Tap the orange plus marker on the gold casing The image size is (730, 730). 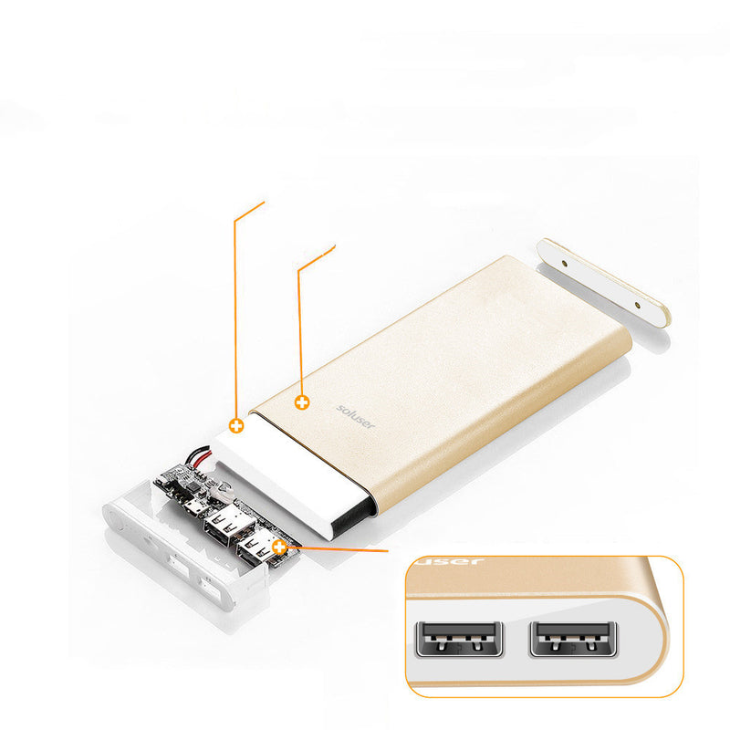302,401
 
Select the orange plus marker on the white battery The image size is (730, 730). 236,425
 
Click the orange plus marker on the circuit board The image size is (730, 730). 279,547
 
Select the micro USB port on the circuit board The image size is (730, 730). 193,505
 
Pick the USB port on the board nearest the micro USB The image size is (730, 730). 222,524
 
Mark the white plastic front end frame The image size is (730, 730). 173,547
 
